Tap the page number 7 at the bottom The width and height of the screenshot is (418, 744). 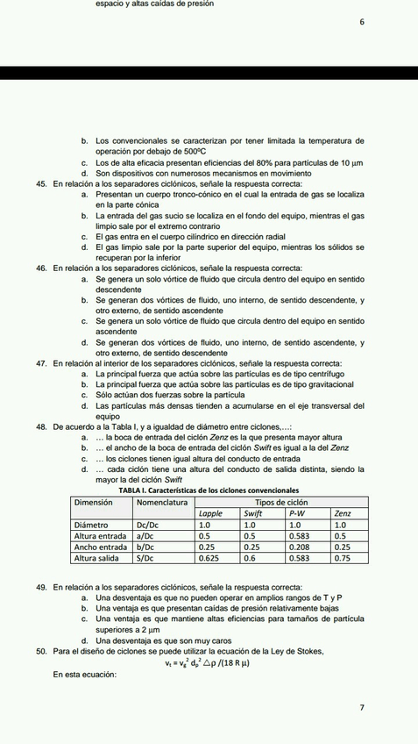(x=361, y=707)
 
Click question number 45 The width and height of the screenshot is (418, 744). (x=41, y=184)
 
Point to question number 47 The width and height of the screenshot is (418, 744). (x=41, y=363)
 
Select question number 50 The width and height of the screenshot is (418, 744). (x=41, y=651)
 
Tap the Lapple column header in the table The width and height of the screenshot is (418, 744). (x=211, y=513)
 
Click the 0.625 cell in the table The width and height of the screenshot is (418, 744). (x=209, y=557)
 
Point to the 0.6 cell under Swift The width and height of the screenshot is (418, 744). (x=249, y=557)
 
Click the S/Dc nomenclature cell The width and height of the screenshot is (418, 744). (x=145, y=557)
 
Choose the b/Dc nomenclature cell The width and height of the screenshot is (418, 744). (x=145, y=547)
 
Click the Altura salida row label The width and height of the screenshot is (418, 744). (x=99, y=557)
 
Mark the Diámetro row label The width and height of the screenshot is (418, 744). (x=92, y=524)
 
